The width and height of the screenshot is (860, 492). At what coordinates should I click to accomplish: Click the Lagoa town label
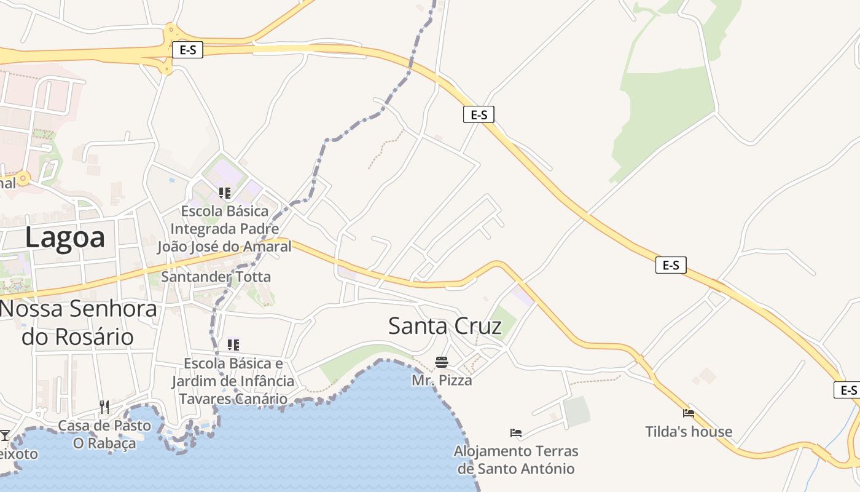[x=65, y=237]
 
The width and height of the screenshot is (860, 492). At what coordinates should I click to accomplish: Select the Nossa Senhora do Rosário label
[x=78, y=322]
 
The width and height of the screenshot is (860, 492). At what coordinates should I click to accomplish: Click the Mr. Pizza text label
[x=442, y=380]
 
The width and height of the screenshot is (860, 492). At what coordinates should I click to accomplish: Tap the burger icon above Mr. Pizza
[x=442, y=362]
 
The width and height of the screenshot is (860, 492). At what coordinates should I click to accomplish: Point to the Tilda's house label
[x=689, y=431]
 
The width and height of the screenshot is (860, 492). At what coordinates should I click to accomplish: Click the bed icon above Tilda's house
[x=689, y=413]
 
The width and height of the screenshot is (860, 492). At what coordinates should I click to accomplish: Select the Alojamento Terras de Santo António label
[x=516, y=459]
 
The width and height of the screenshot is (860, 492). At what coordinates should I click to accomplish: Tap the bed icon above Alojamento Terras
[x=516, y=433]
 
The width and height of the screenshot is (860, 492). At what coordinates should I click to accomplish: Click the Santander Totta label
[x=216, y=277]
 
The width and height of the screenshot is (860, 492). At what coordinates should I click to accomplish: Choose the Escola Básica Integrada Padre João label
[x=224, y=229]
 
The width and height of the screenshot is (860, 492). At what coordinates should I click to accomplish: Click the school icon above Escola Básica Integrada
[x=225, y=193]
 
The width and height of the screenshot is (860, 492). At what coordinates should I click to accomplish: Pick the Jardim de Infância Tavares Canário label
[x=233, y=381]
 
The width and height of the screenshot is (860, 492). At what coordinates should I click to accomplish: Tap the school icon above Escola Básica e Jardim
[x=233, y=344]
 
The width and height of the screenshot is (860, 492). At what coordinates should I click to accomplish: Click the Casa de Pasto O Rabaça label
[x=104, y=434]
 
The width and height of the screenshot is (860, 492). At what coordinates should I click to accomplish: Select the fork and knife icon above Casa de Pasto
[x=104, y=407]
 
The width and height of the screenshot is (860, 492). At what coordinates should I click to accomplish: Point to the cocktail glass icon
[x=5, y=435]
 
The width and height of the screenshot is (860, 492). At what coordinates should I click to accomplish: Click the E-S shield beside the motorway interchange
[x=187, y=50]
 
